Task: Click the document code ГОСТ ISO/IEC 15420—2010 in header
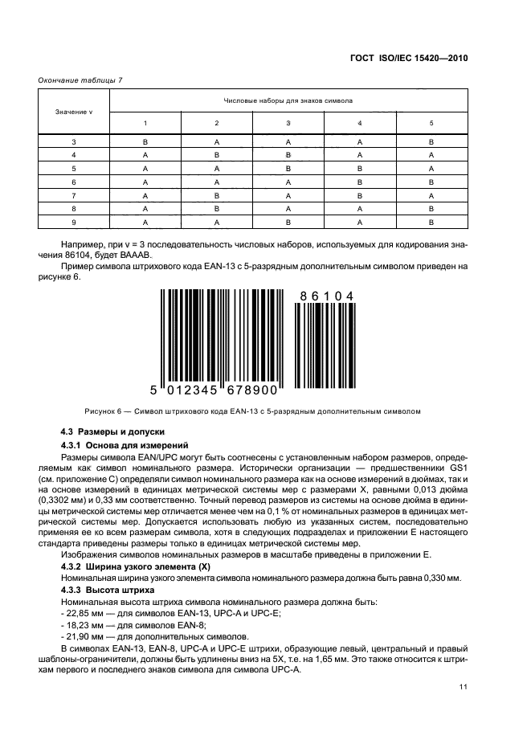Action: tap(410, 58)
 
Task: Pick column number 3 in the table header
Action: tap(288, 123)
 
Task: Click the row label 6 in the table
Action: tap(74, 182)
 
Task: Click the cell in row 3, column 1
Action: tap(145, 142)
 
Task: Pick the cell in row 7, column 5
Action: tap(431, 195)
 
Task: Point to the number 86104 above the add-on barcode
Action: tap(326, 296)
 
